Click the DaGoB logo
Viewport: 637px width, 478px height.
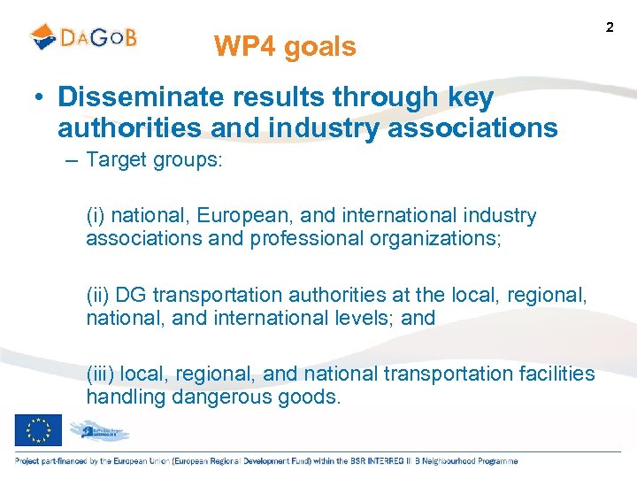pyautogui.click(x=84, y=37)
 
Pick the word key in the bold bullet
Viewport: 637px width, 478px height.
pyautogui.click(x=466, y=98)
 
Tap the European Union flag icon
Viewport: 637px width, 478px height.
pyautogui.click(x=38, y=430)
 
